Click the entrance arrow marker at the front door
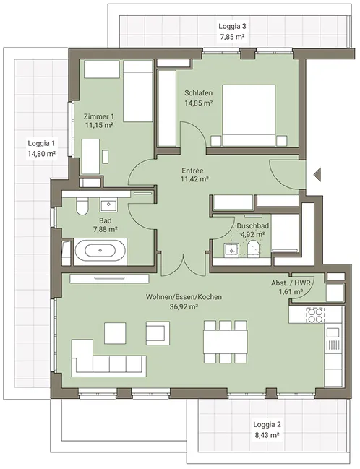(317, 174)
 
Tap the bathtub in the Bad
(100, 251)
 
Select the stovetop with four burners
(315, 315)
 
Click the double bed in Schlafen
(249, 116)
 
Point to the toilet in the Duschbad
(254, 249)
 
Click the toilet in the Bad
(82, 207)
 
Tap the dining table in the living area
(226, 341)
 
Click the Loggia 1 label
(41, 143)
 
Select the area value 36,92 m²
(184, 306)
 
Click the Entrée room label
(193, 171)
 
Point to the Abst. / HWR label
(291, 283)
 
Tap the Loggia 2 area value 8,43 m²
(267, 435)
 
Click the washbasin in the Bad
(108, 205)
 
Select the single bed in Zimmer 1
(138, 91)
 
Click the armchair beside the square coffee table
(158, 333)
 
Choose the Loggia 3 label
(232, 26)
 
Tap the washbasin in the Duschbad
(231, 249)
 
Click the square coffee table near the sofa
(115, 333)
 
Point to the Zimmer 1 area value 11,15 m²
(99, 125)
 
